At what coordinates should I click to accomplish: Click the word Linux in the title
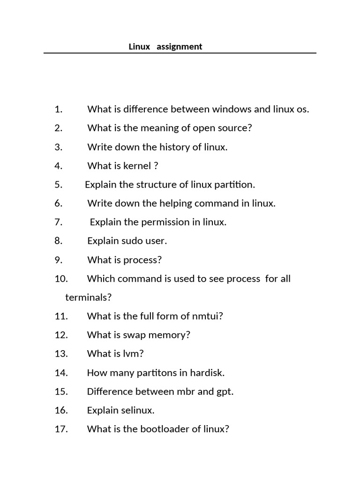click(139, 47)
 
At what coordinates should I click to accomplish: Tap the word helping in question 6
click(176, 203)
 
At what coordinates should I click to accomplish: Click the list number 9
click(58, 260)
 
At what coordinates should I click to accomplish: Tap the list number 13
click(61, 354)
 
